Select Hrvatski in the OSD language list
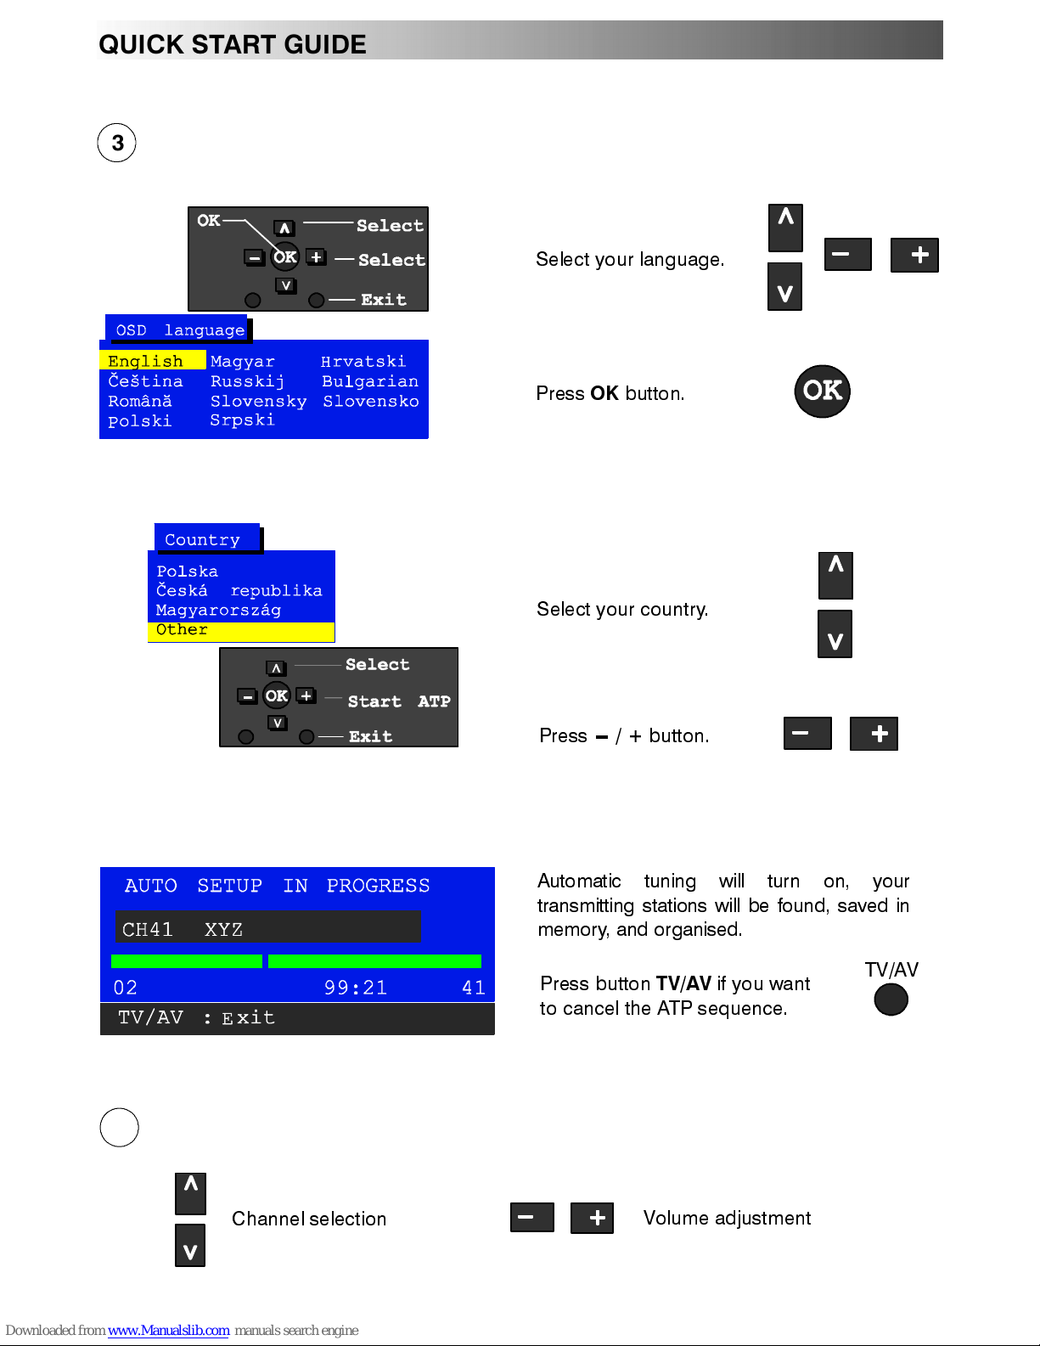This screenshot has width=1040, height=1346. (x=363, y=361)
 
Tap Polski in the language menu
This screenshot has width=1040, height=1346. (x=140, y=421)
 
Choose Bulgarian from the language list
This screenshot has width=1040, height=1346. (x=370, y=381)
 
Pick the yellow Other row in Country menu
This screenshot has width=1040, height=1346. (x=241, y=631)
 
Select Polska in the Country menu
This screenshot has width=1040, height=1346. (x=187, y=572)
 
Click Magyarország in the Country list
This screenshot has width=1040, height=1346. (x=218, y=610)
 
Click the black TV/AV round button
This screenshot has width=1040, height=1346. (x=891, y=1000)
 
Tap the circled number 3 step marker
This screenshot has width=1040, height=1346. (x=117, y=143)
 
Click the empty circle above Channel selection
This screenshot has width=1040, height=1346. (x=120, y=1128)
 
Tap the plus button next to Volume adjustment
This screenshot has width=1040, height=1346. (x=592, y=1218)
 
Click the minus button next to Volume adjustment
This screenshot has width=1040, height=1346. (x=531, y=1217)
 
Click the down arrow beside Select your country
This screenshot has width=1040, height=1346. (x=835, y=634)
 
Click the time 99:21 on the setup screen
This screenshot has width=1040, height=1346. (x=356, y=988)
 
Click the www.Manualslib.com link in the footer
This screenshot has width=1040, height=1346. (x=168, y=1330)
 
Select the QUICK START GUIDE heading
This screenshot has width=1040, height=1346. (x=233, y=45)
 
